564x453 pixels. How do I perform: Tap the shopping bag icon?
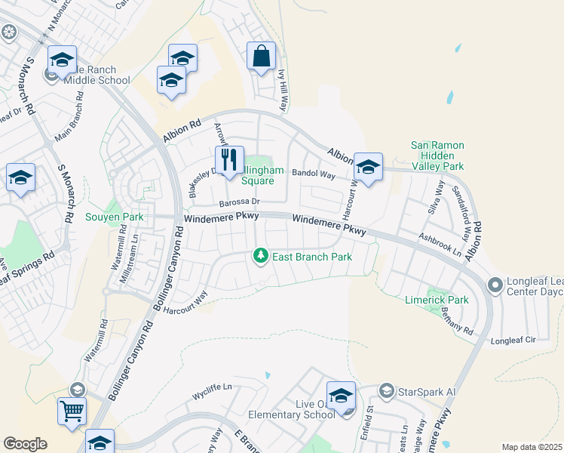point(261,56)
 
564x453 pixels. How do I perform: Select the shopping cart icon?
point(72,412)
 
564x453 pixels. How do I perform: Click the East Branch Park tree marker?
point(261,257)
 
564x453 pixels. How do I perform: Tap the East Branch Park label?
point(312,257)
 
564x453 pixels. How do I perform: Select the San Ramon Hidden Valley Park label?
point(437,156)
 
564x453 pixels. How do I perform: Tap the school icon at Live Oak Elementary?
point(341,396)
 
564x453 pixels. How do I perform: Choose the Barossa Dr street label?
point(240,202)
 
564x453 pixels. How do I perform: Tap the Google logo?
point(25,444)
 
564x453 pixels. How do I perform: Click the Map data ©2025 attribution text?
point(532,447)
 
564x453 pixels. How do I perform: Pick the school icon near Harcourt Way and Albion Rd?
point(368,168)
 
